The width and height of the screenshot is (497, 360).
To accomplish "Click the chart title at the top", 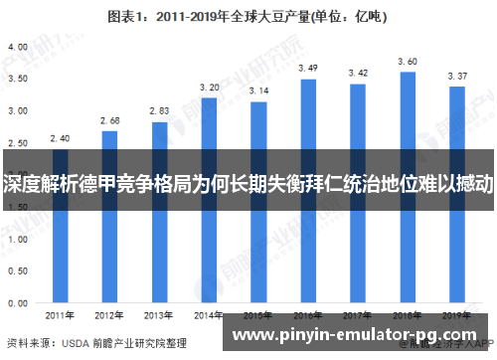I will click(x=248, y=17).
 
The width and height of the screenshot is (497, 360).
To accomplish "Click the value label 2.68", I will click(x=109, y=120).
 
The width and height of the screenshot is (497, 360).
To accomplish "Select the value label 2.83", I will click(x=159, y=111).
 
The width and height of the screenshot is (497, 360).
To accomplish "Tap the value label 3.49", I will click(x=308, y=68).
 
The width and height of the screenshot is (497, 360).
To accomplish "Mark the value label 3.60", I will click(x=407, y=61).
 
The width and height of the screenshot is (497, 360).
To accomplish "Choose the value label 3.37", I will click(x=456, y=76).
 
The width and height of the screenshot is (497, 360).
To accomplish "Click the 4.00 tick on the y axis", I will click(x=17, y=47).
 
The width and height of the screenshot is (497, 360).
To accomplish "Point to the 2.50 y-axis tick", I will click(x=17, y=142).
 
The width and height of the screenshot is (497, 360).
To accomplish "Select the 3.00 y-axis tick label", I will click(x=17, y=110).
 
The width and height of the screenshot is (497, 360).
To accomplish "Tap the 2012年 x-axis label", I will click(x=109, y=316).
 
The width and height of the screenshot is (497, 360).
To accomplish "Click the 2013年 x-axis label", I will click(x=159, y=316).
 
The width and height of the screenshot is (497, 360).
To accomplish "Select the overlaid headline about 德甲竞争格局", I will click(x=248, y=185).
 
